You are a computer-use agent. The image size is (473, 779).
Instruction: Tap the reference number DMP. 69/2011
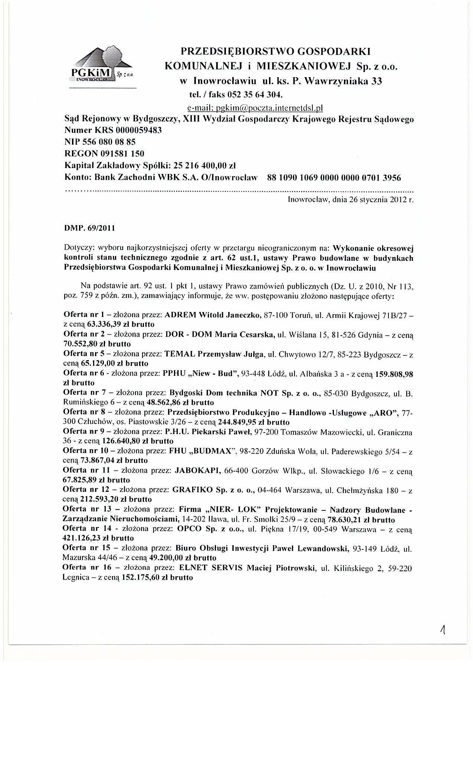click(89, 228)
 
